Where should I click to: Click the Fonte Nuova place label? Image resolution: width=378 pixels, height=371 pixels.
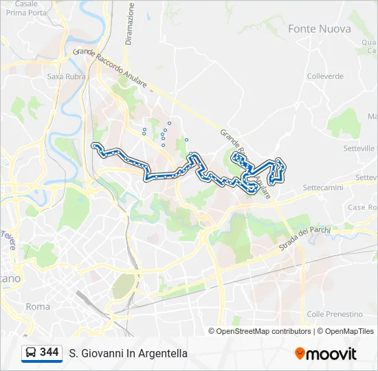(320, 29)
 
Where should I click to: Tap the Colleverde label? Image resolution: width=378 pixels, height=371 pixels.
(325, 76)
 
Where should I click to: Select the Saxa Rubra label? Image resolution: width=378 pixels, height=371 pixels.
(66, 77)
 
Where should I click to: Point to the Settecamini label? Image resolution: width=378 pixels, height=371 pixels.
(327, 187)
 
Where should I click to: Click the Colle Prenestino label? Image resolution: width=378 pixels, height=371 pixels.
(335, 314)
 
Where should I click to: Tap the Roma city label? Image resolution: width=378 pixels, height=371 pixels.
(37, 306)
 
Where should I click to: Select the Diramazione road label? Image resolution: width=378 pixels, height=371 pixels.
(129, 23)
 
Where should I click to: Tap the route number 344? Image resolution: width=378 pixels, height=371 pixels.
(49, 352)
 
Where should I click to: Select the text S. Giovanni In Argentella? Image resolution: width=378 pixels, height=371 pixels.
(128, 353)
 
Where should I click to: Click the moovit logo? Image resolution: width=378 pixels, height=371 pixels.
(326, 353)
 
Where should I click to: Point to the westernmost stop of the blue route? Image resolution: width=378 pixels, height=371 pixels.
(94, 145)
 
